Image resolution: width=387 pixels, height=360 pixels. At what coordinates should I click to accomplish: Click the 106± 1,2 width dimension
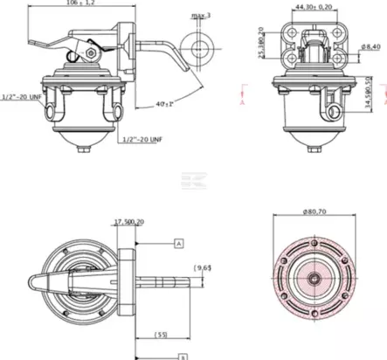point(70,3)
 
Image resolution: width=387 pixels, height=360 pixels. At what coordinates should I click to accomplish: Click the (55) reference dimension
point(162,335)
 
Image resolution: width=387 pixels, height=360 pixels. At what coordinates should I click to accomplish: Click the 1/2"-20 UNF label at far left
point(18,98)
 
